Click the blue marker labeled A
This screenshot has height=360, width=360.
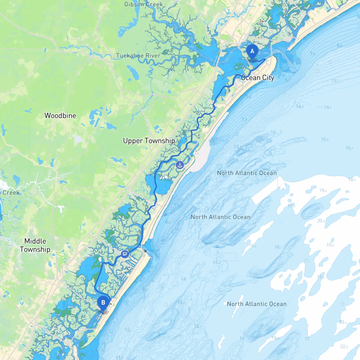coord(252,51)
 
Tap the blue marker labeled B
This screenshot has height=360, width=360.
coord(103,303)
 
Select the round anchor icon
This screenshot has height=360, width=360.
coord(180,165)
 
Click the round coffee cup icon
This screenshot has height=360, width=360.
coord(125,254)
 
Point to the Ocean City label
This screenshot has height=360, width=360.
coord(258,78)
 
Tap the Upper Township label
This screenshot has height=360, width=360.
coord(149,141)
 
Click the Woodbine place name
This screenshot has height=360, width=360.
coord(60,116)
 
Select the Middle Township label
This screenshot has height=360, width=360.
coord(35,245)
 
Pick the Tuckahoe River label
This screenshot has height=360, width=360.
coord(138,56)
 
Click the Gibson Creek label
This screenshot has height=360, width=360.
coord(143,4)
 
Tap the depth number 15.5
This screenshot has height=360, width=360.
coord(325,139)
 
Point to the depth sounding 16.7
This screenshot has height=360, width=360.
coord(349,148)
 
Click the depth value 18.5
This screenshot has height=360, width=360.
coord(352,179)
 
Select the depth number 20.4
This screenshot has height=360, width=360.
coord(321,221)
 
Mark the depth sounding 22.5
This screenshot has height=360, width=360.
coord(344,346)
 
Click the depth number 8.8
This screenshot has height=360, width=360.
coord(339,46)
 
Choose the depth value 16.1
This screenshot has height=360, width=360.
coord(278,247)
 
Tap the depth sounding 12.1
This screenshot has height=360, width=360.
coord(128,330)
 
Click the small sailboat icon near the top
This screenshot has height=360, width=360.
coord(262,21)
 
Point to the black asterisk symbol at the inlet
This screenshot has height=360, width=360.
coord(145,251)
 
